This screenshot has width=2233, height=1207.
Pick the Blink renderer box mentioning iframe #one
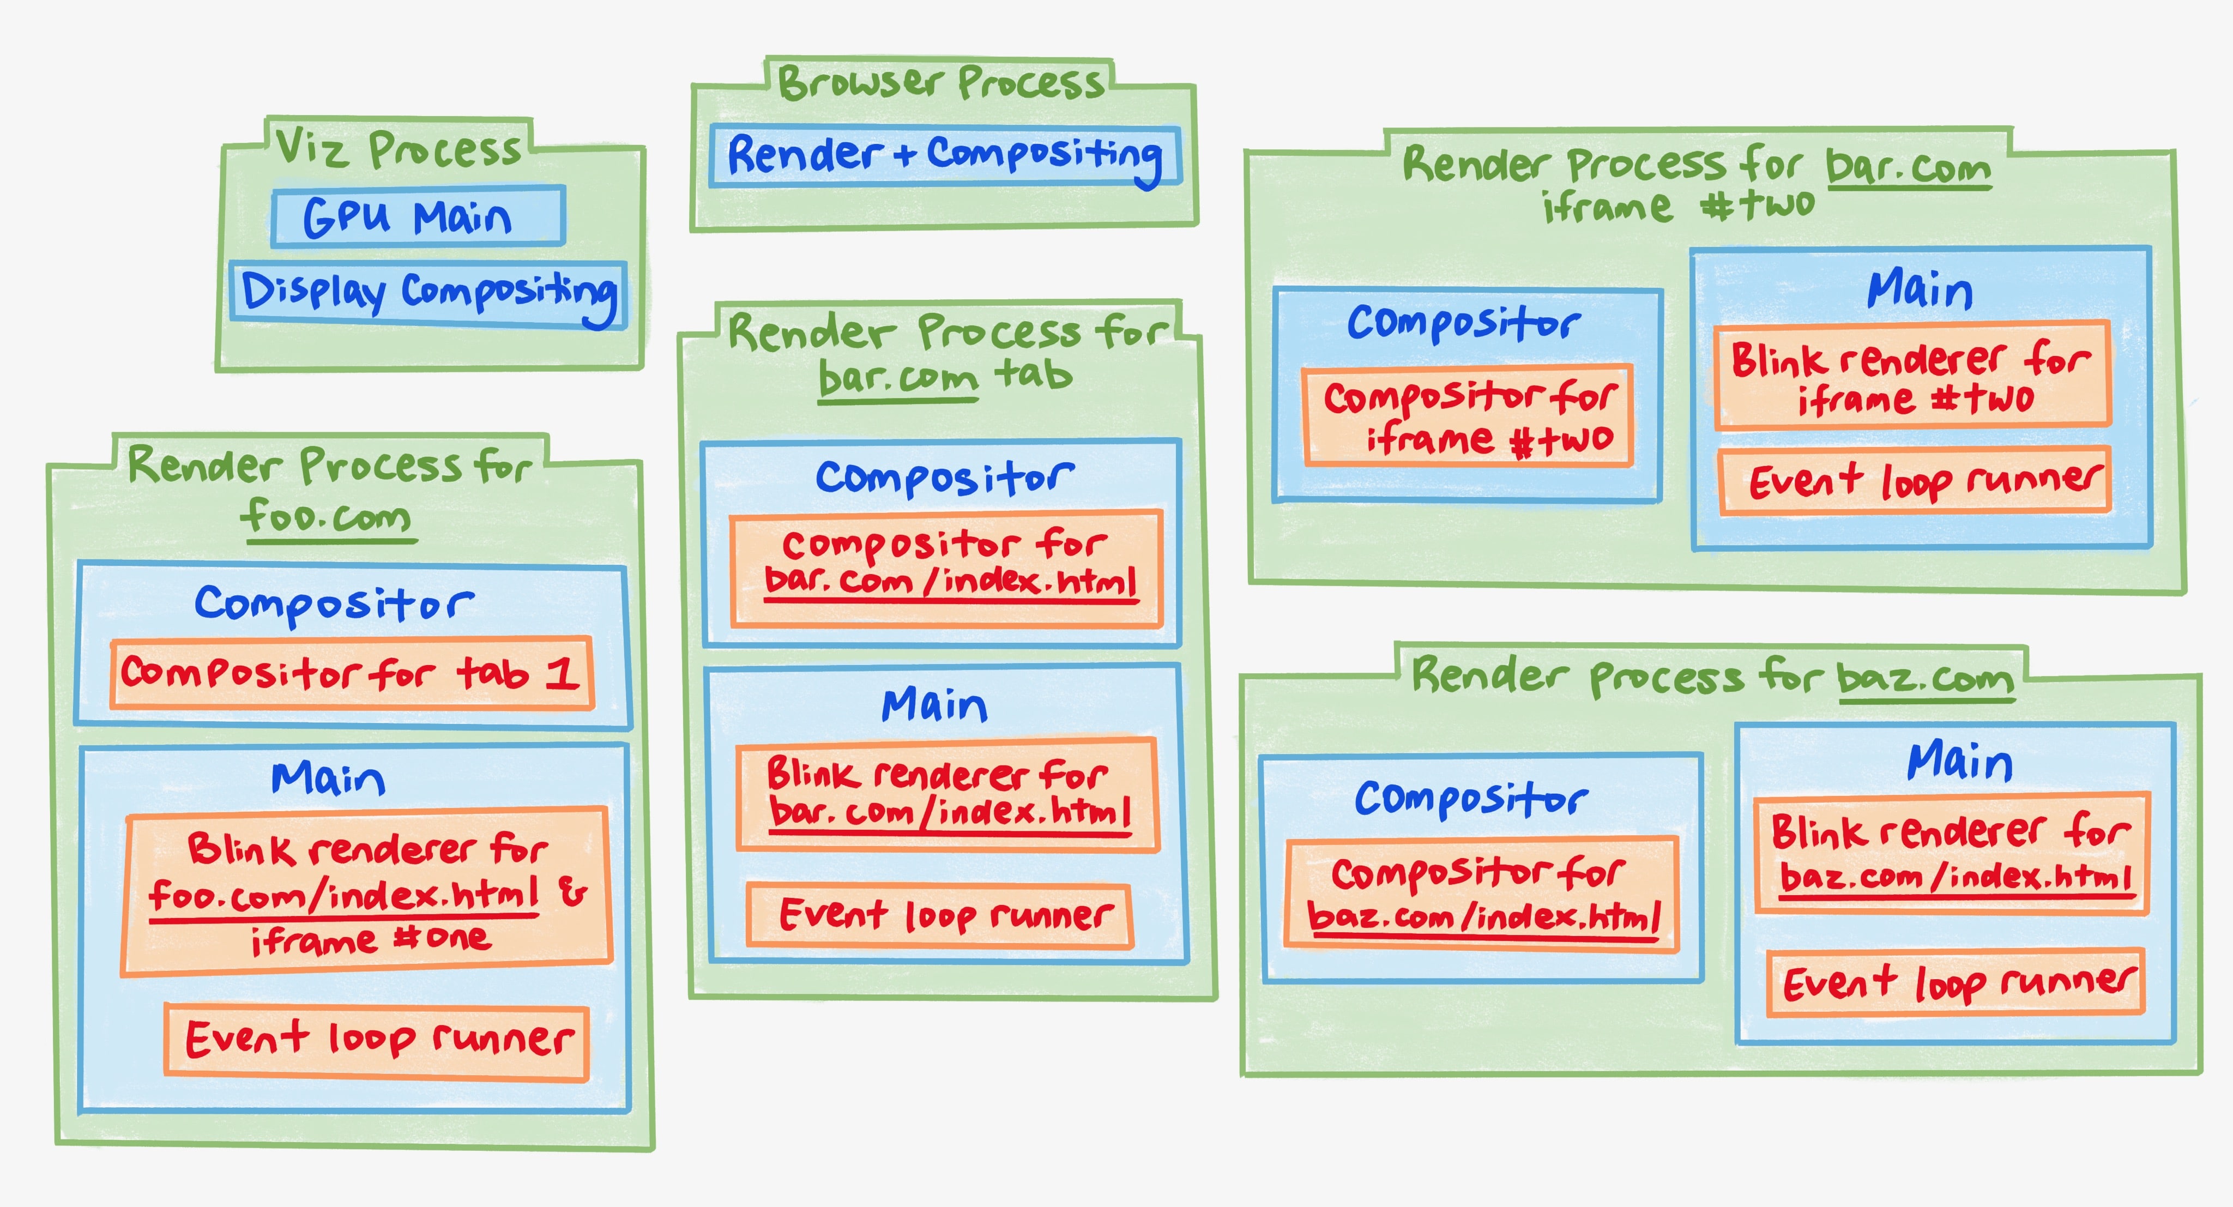pyautogui.click(x=367, y=891)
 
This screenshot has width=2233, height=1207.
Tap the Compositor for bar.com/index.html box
pyautogui.click(x=946, y=568)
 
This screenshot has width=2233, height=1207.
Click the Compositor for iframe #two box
pyautogui.click(x=1468, y=416)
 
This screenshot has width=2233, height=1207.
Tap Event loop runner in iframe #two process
pyautogui.click(x=1914, y=481)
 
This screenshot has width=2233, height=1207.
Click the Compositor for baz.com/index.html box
pyautogui.click(x=1481, y=893)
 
